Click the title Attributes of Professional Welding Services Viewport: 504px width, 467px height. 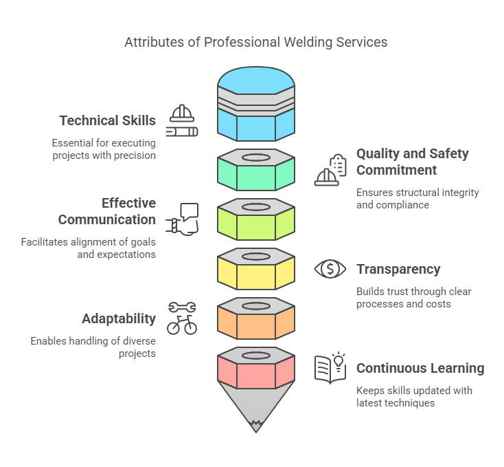256,42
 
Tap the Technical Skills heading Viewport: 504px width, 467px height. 107,120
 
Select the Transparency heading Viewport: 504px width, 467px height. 398,269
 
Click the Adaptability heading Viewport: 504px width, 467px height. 119,319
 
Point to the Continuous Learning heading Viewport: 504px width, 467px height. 420,368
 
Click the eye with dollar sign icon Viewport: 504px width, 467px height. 330,269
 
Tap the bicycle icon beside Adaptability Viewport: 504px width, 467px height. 182,325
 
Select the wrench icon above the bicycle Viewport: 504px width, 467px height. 182,307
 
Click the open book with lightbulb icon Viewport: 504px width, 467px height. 330,368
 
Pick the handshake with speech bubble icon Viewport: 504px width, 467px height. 182,219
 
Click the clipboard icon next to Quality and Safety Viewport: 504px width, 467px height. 338,165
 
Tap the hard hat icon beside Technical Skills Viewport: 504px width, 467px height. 182,113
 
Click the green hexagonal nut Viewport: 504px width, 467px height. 256,170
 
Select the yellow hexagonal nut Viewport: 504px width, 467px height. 256,269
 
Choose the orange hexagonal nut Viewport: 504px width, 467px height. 256,318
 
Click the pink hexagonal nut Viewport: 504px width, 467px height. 256,368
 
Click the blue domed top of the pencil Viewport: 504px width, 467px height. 256,80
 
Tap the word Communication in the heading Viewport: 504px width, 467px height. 106,220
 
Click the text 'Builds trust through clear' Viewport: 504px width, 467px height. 413,292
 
